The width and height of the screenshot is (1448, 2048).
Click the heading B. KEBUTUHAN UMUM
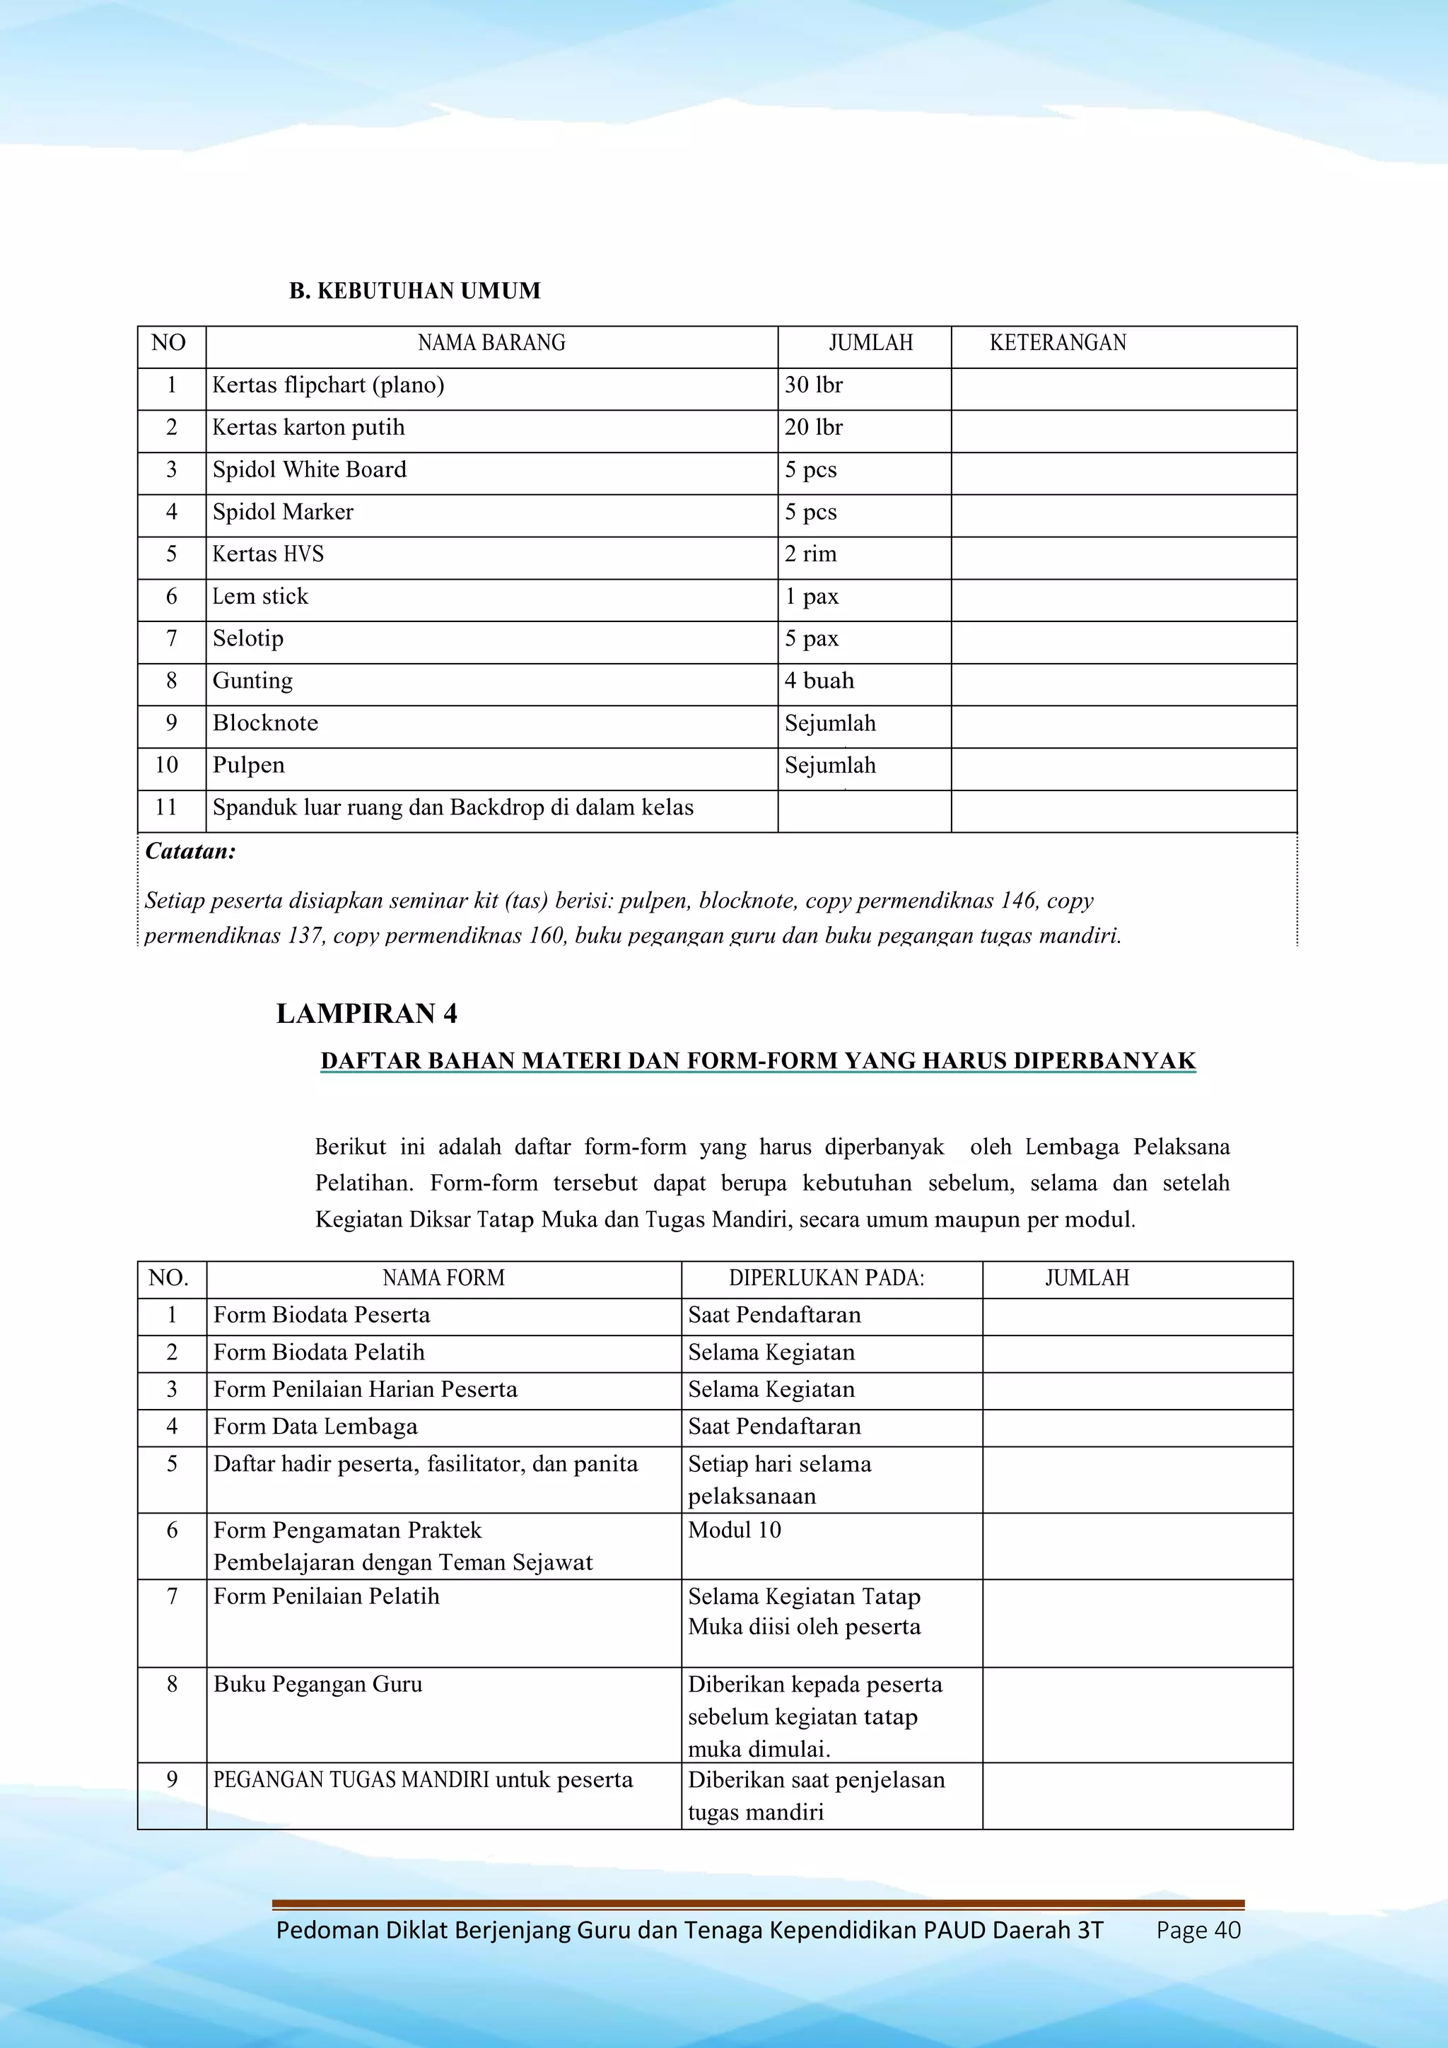point(414,291)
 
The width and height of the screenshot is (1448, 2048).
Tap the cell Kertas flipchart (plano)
point(327,385)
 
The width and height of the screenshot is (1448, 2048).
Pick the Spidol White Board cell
point(309,470)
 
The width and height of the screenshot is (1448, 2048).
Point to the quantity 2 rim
point(810,555)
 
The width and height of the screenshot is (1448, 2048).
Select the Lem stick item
point(259,597)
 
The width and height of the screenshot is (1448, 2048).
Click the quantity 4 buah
point(819,681)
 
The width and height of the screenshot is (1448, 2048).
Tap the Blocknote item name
point(265,723)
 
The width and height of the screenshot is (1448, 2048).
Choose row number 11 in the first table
point(167,808)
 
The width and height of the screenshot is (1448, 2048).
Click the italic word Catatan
point(190,852)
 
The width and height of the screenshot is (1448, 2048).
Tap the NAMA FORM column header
point(443,1278)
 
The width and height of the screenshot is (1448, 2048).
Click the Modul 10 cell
point(735,1530)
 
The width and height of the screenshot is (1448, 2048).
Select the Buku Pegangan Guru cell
point(317,1684)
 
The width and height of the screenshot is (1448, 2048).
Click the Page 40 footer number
point(1198,1930)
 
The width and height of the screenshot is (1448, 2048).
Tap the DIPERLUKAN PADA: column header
point(826,1278)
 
